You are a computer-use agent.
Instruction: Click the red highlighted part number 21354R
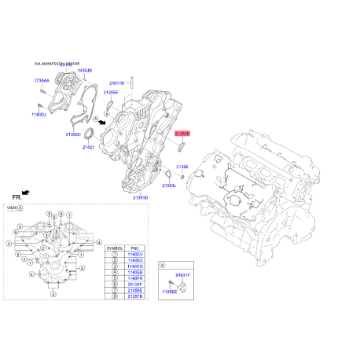(x=182, y=134)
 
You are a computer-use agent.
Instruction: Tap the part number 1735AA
(x=42, y=81)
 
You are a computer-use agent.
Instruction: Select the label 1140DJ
(x=39, y=115)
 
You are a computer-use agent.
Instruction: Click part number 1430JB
(x=83, y=71)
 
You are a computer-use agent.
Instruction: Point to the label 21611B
(x=116, y=83)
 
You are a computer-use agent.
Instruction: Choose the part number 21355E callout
(x=110, y=92)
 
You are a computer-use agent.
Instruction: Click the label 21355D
(x=73, y=134)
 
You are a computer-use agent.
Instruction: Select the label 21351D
(x=140, y=197)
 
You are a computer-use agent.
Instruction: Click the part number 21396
(x=182, y=167)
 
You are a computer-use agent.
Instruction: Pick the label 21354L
(x=169, y=185)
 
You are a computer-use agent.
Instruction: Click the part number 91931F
(x=182, y=274)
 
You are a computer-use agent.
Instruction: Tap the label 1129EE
(x=168, y=291)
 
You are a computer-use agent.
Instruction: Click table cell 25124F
(x=136, y=287)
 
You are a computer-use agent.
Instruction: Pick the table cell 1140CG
(x=136, y=267)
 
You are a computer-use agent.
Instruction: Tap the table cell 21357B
(x=136, y=299)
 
